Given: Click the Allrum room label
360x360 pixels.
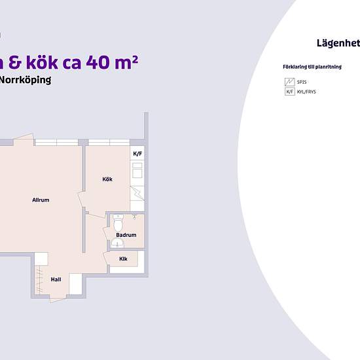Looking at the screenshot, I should (x=41, y=200).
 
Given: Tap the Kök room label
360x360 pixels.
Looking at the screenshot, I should (x=108, y=179).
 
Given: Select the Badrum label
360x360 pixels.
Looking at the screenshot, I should (x=126, y=235).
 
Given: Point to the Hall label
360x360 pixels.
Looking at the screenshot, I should (x=56, y=279).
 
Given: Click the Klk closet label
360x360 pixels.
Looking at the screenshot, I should (x=123, y=259).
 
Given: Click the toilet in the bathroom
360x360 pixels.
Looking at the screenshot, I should (x=118, y=219).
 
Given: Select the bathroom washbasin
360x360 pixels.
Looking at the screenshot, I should (x=117, y=243).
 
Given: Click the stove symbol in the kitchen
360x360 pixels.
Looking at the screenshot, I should (x=137, y=194).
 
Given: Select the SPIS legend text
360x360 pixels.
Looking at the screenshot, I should (x=302, y=82).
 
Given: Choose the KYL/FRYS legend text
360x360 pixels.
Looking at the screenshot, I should (x=306, y=92).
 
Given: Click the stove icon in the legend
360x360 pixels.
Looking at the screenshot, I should (x=289, y=82).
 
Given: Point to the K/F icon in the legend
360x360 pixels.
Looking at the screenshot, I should (x=289, y=92).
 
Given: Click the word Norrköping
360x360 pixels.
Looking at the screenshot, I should (x=26, y=81).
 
